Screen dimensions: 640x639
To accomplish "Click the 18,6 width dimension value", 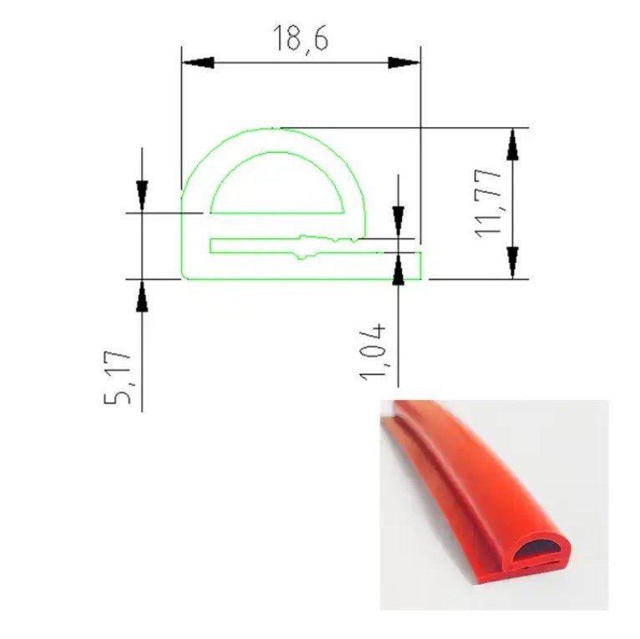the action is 301,38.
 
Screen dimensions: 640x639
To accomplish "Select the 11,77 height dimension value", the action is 488,202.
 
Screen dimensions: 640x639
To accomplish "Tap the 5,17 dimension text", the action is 118,377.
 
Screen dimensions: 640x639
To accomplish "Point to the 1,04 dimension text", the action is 373,352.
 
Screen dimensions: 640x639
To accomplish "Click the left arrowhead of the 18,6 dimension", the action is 198,63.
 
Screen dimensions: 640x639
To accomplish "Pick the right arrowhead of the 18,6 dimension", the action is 404,63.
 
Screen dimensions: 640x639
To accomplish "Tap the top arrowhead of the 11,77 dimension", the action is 513,144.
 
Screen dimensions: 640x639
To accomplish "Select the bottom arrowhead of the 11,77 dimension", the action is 513,263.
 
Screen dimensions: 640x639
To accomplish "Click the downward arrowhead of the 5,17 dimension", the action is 142,196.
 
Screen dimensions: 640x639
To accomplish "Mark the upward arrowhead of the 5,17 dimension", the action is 142,296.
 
